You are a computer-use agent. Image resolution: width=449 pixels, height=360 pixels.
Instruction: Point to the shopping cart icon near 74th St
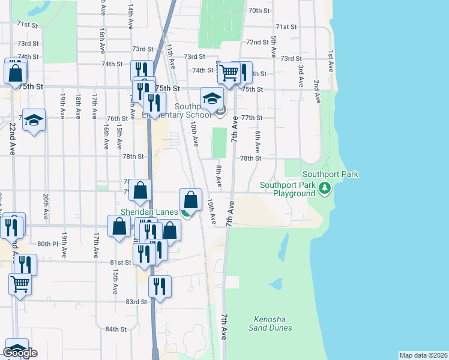(228, 73)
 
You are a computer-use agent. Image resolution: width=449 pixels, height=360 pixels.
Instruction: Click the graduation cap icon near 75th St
(211, 98)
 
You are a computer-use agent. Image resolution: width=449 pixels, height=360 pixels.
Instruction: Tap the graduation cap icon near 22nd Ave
(34, 121)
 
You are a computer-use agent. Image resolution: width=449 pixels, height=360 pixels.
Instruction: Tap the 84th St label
(116, 329)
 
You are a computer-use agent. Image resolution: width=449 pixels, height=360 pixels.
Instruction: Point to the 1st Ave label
(331, 53)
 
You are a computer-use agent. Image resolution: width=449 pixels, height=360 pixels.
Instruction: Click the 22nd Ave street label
(13, 139)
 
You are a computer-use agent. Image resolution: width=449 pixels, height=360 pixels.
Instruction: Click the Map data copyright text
(423, 355)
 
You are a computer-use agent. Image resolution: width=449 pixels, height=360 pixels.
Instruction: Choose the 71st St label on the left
(27, 24)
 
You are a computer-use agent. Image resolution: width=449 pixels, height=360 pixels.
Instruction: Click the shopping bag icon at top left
(15, 73)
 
